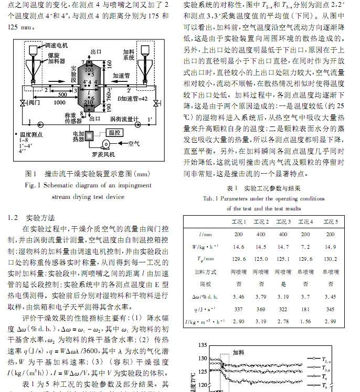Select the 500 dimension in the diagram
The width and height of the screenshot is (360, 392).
[62, 94]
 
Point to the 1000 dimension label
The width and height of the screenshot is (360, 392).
[59, 103]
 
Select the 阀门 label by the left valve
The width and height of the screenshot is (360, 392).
[34, 103]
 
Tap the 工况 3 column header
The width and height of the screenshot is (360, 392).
[283, 222]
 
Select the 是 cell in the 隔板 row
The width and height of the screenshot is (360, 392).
[283, 284]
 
